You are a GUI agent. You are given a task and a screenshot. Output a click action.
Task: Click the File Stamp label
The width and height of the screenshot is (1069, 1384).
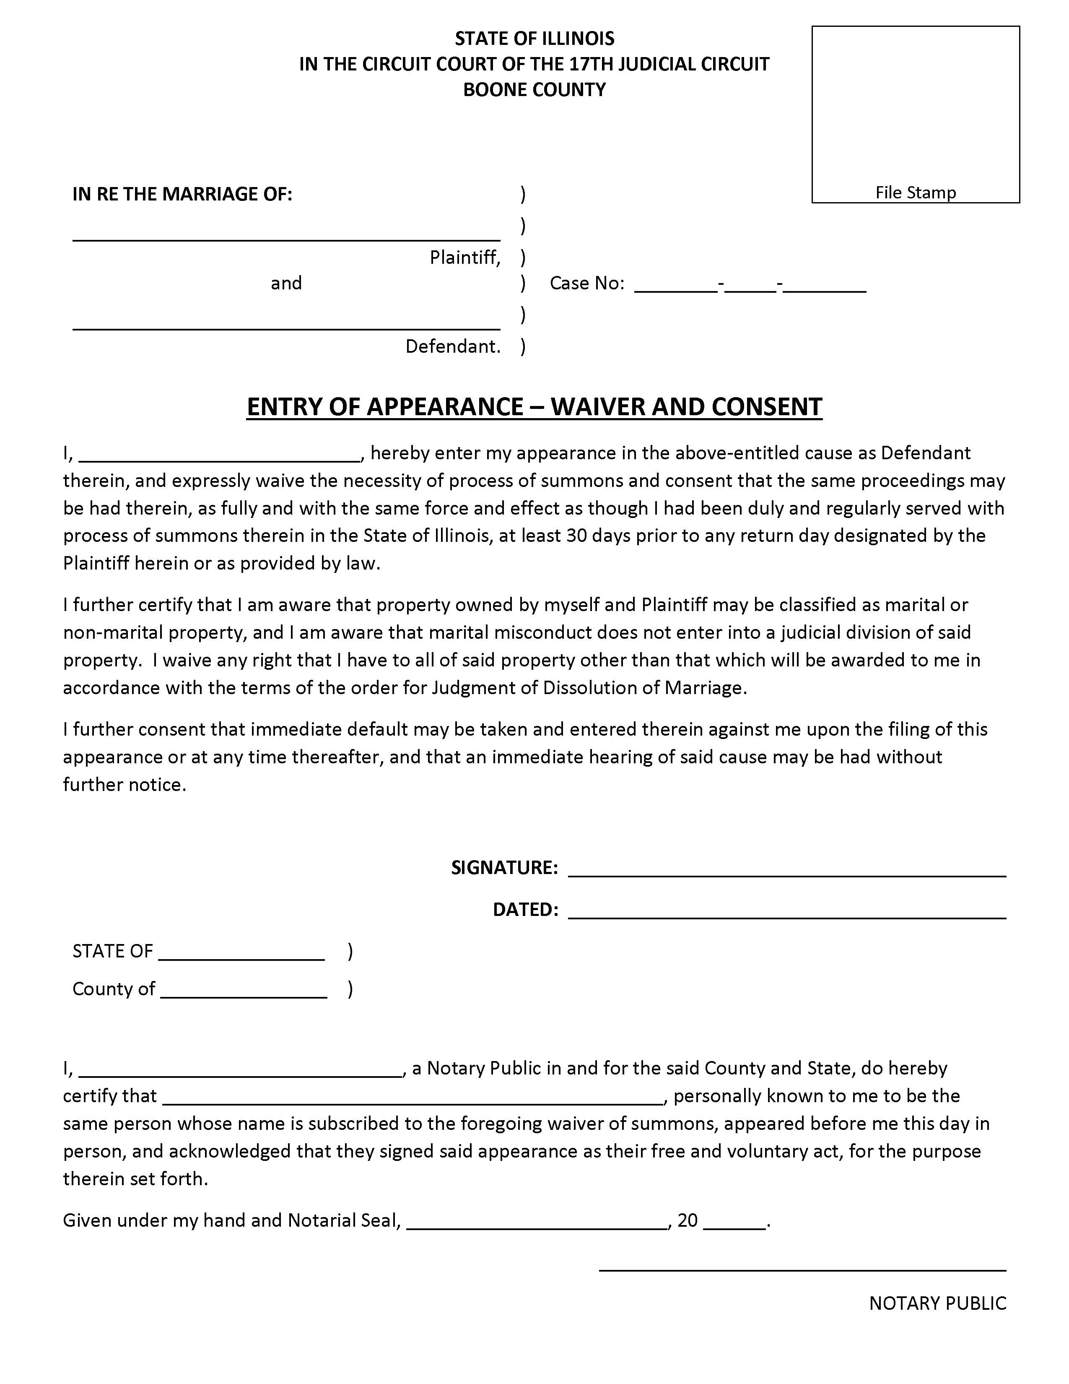point(915,192)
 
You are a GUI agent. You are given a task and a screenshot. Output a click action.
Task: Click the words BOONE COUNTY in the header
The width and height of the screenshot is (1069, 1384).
point(534,89)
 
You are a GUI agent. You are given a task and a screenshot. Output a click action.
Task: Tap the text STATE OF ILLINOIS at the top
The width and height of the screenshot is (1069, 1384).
point(534,39)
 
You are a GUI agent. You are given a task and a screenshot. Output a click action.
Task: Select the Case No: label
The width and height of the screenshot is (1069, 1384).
point(586,283)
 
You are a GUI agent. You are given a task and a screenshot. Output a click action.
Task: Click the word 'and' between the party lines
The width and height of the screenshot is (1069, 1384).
point(286,283)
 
